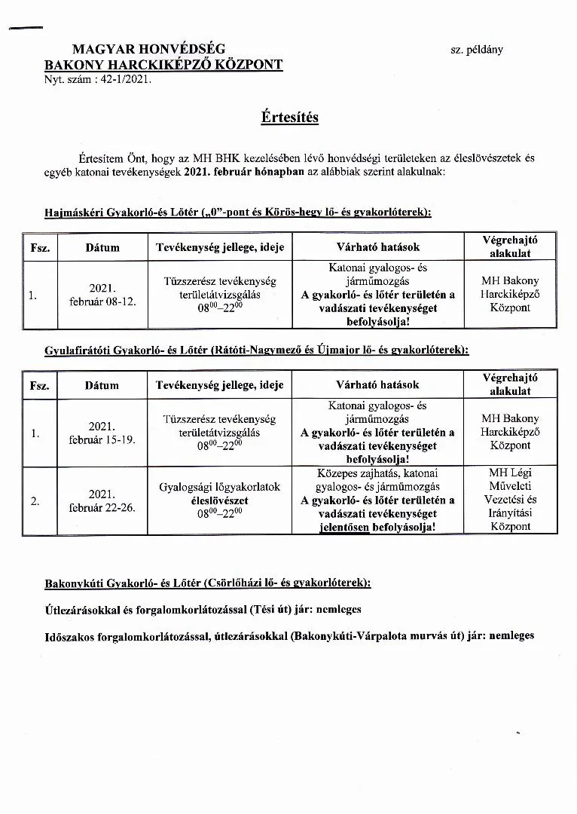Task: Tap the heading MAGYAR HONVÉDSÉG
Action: [x=148, y=50]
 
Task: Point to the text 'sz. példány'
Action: [x=477, y=50]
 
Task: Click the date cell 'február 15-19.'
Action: [x=102, y=439]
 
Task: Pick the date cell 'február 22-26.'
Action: [x=102, y=507]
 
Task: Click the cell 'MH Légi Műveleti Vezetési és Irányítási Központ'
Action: [x=510, y=500]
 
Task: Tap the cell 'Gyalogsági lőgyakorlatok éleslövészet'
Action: [x=219, y=493]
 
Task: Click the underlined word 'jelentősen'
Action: [x=344, y=527]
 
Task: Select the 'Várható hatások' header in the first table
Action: [x=377, y=246]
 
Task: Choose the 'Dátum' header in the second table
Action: [x=102, y=385]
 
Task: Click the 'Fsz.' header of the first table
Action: [x=39, y=247]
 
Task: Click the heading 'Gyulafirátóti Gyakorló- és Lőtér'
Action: [x=125, y=350]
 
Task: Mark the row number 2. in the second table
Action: [x=34, y=500]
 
